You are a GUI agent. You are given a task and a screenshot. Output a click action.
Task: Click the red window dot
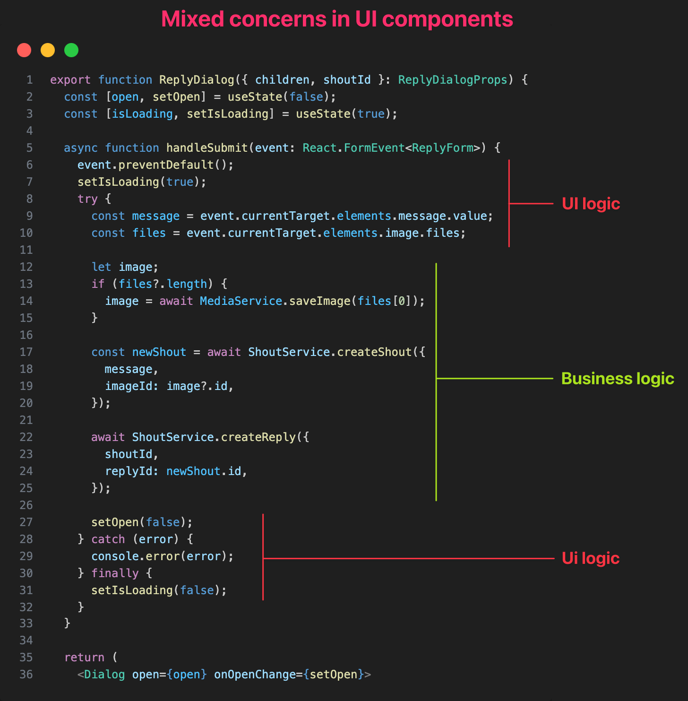coord(24,50)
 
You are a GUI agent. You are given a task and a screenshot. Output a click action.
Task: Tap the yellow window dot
coord(48,50)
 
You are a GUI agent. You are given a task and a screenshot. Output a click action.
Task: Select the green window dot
coord(71,50)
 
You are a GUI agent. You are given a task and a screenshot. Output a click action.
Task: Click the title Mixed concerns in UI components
coord(337,19)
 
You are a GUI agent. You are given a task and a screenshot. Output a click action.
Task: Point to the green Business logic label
coord(617,379)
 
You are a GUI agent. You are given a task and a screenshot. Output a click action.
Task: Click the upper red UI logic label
coord(591,204)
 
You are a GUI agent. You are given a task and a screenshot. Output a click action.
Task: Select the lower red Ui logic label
coord(590,558)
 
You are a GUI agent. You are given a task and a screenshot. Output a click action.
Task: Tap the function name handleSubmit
coord(207,148)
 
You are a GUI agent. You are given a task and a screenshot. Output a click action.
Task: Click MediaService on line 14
coord(241,301)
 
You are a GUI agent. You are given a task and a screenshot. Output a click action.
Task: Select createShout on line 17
coord(374,352)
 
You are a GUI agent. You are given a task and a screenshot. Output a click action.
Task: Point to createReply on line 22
coord(258,437)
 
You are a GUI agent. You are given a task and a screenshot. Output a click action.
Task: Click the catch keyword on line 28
coord(108,539)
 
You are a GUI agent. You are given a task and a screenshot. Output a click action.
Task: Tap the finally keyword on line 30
coord(115,573)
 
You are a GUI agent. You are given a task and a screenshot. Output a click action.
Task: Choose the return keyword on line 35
coord(84,658)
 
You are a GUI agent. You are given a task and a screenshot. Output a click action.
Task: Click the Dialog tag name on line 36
coord(104,675)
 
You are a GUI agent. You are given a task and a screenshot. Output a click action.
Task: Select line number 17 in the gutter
coord(26,352)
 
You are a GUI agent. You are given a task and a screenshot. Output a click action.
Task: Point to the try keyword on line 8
coord(87,199)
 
